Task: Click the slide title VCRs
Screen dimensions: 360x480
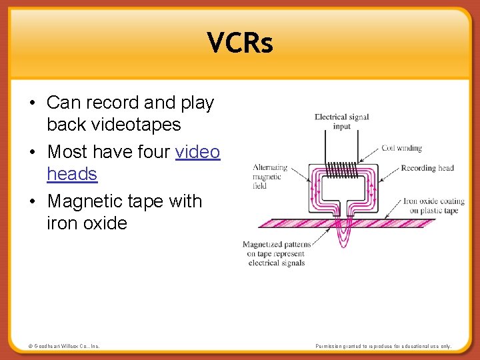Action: point(240,43)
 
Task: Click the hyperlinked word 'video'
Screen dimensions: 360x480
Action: point(197,152)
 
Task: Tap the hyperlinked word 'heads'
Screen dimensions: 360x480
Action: point(72,174)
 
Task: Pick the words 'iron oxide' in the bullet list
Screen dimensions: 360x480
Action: point(87,223)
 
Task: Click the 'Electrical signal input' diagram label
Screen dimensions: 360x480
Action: point(341,121)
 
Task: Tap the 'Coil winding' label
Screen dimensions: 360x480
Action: point(401,148)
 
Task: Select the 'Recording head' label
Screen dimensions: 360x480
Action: point(427,168)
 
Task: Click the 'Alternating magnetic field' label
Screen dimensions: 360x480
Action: point(270,177)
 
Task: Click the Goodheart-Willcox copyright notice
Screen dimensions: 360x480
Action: point(64,346)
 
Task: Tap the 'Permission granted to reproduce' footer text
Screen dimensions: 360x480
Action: point(383,346)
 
